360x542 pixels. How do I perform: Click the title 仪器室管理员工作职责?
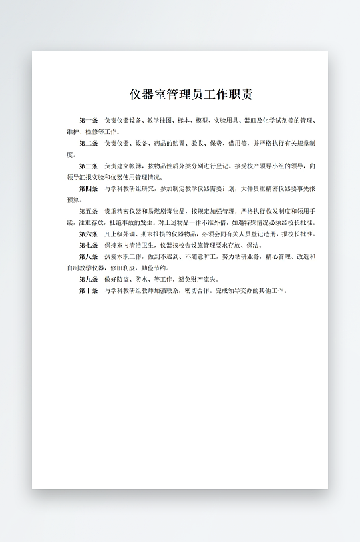pos(191,95)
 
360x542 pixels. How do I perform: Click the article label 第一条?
pos(88,121)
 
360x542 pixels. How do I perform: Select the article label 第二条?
pos(88,143)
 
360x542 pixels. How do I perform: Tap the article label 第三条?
pos(88,166)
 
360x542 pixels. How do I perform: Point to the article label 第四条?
pos(88,188)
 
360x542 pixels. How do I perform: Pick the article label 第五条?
pos(88,211)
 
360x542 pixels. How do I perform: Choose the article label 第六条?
pos(88,234)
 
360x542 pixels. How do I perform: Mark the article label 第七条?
pos(88,245)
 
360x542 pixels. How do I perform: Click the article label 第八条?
pos(88,256)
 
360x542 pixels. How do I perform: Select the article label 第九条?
pos(88,279)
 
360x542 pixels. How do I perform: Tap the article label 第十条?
pos(88,290)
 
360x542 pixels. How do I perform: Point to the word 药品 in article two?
pos(155,143)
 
